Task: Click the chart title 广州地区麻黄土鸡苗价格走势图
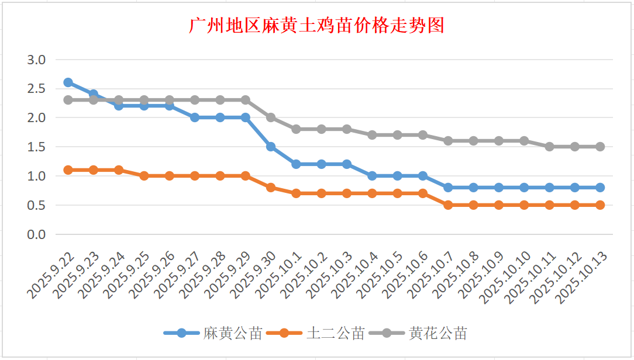(x=316, y=26)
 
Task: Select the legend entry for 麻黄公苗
(x=232, y=333)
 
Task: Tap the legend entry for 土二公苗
(x=335, y=333)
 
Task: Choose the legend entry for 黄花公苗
(x=437, y=333)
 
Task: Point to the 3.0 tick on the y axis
(x=36, y=59)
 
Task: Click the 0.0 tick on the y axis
(x=36, y=234)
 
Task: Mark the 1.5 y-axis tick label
(x=36, y=147)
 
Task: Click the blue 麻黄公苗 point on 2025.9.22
(x=68, y=82)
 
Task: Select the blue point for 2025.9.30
(x=271, y=147)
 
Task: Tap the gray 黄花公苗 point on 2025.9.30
(x=271, y=117)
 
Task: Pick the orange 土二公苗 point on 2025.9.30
(x=271, y=188)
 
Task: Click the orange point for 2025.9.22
(x=68, y=170)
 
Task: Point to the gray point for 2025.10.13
(x=600, y=147)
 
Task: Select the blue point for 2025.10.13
(x=600, y=188)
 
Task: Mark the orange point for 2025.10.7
(x=448, y=205)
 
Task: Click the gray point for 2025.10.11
(x=549, y=147)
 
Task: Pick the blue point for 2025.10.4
(x=372, y=176)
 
